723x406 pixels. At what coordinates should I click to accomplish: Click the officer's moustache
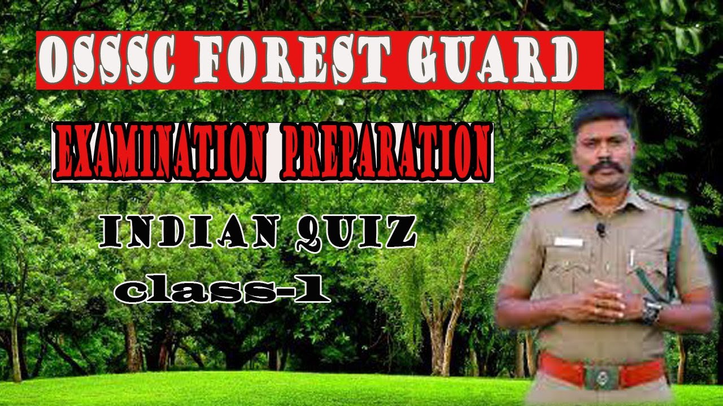click(605, 167)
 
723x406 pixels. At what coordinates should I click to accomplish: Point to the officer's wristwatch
click(652, 311)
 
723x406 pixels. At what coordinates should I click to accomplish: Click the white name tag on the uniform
click(568, 242)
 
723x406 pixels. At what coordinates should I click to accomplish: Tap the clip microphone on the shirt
click(601, 229)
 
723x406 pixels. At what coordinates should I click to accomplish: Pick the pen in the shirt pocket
click(631, 258)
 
